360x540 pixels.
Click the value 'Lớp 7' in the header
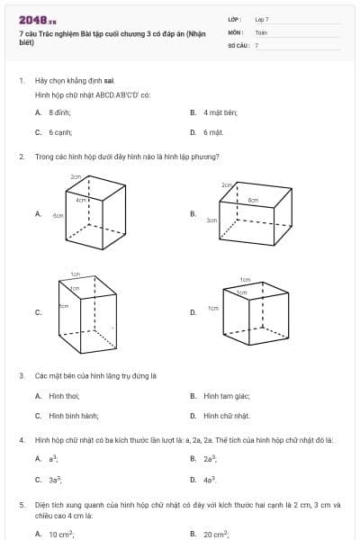(x=261, y=19)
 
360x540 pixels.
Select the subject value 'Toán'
(x=261, y=31)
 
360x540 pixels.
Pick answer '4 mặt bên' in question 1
(x=212, y=112)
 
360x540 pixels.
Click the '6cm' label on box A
(x=58, y=216)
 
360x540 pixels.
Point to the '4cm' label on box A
(x=81, y=200)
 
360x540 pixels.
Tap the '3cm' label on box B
(x=211, y=220)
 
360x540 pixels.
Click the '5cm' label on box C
(x=64, y=307)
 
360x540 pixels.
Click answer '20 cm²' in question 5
(x=216, y=534)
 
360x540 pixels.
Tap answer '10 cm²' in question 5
(x=61, y=534)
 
